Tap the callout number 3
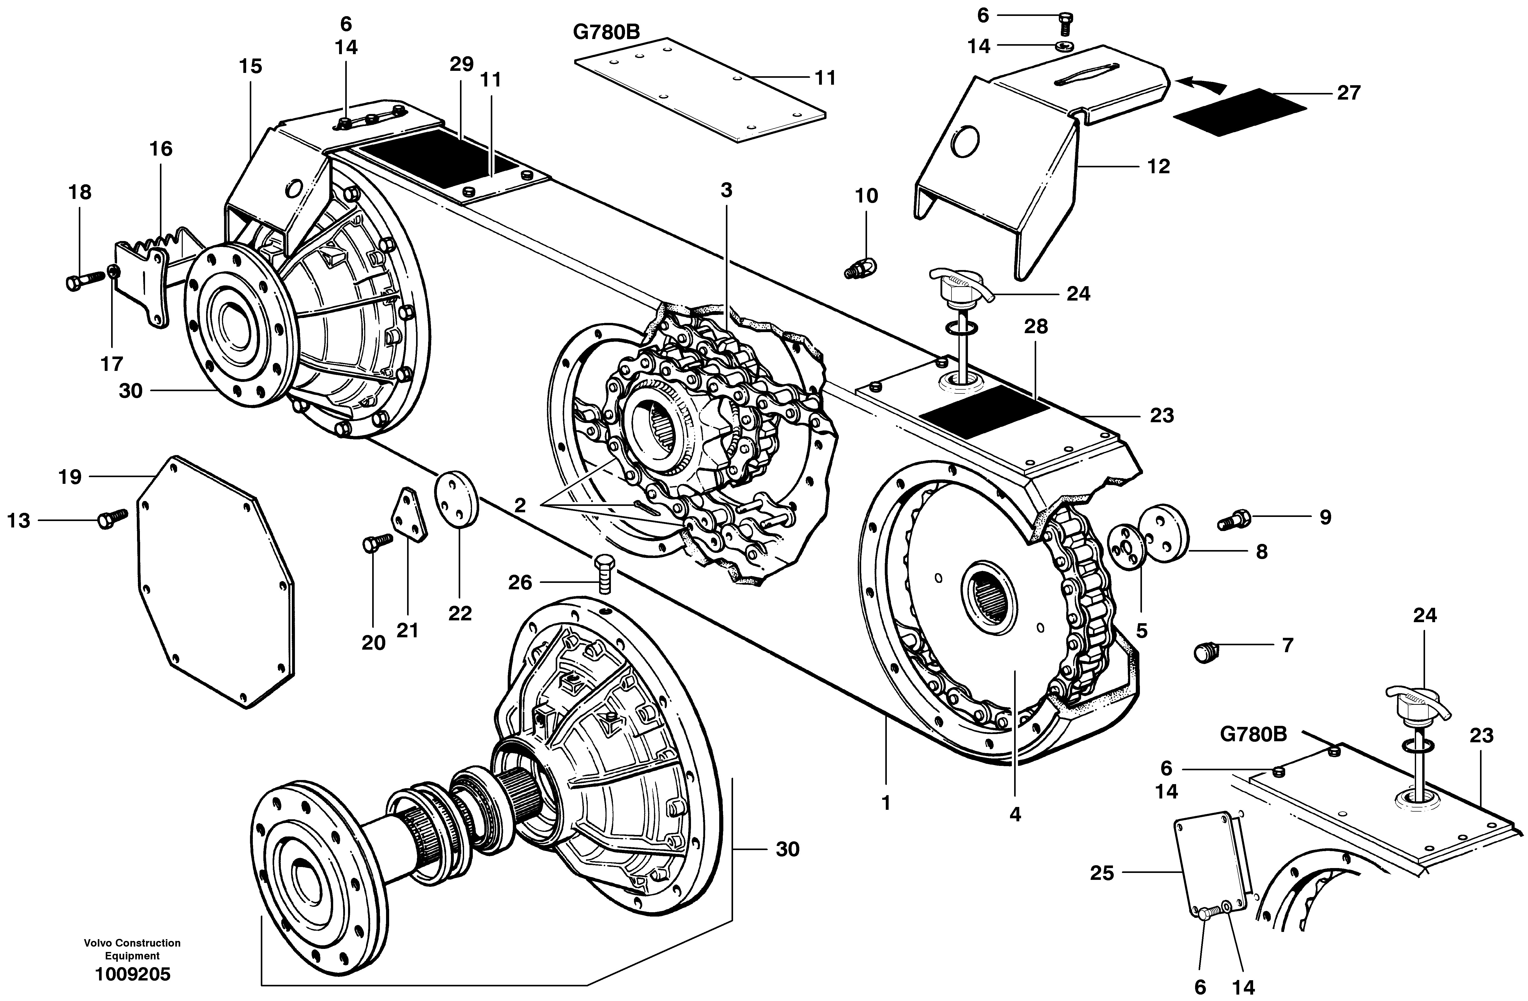[726, 191]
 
